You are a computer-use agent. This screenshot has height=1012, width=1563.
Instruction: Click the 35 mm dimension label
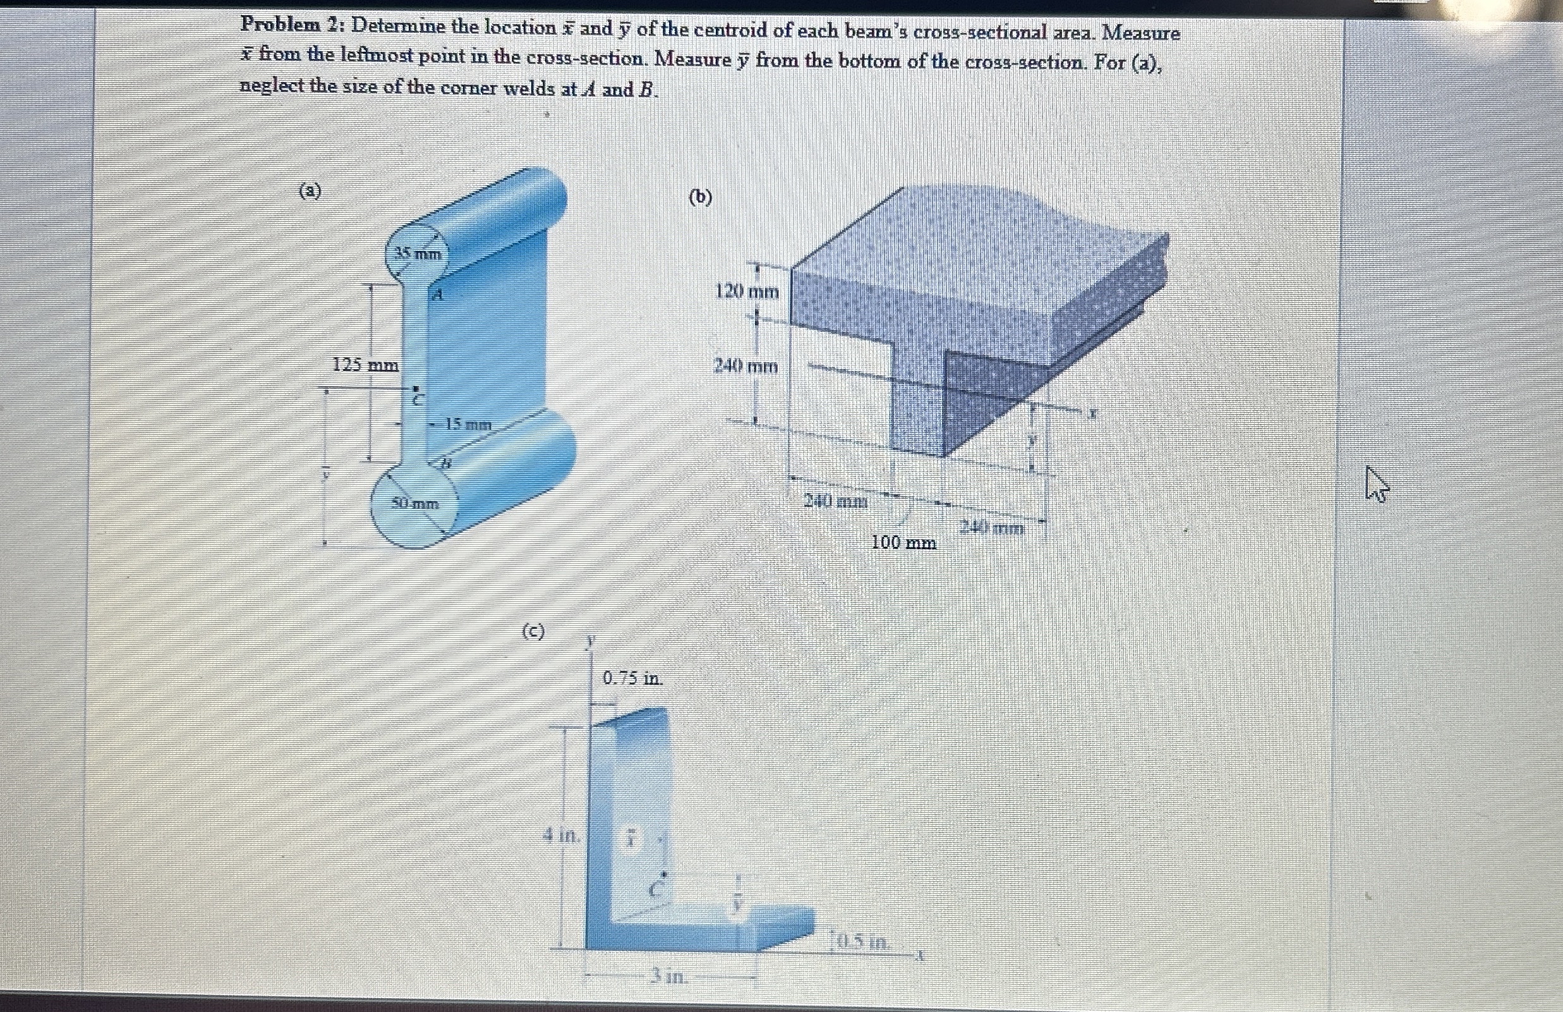pos(418,253)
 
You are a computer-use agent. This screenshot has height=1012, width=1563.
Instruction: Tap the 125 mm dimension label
pos(365,364)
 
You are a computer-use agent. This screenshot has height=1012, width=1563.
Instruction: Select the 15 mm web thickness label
pos(468,425)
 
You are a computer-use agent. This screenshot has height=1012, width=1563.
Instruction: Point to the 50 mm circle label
pos(415,504)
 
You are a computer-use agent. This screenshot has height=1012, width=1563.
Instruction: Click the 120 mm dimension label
pos(747,291)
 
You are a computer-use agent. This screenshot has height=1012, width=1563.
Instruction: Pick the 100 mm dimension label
pos(903,543)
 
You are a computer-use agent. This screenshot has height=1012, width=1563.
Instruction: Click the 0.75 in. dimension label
pos(633,678)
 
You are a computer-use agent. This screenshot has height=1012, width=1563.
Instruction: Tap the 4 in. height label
pos(562,836)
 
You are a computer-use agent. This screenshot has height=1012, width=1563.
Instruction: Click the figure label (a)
pos(310,192)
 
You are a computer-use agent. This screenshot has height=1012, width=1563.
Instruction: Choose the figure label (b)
pos(700,197)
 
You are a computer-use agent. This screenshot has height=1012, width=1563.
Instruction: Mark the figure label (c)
pos(533,631)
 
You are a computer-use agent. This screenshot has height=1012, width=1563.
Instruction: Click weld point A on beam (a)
pos(437,295)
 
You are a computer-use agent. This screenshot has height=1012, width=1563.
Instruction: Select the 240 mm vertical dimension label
pos(745,365)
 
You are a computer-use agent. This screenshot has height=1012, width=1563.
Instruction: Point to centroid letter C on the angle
pos(655,891)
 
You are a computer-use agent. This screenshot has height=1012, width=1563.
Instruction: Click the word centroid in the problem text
pos(734,30)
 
